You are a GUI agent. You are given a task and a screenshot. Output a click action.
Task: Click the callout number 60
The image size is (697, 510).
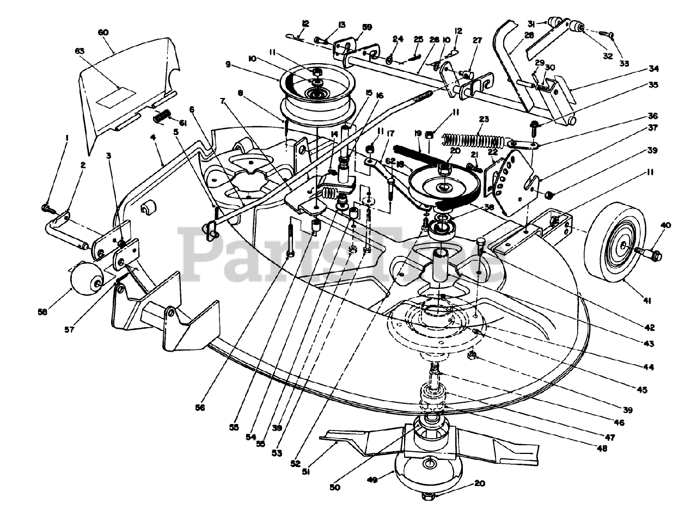tap(103, 32)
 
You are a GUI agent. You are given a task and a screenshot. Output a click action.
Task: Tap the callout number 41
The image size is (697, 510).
tap(647, 300)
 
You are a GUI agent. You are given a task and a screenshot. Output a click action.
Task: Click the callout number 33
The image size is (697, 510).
tap(624, 64)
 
